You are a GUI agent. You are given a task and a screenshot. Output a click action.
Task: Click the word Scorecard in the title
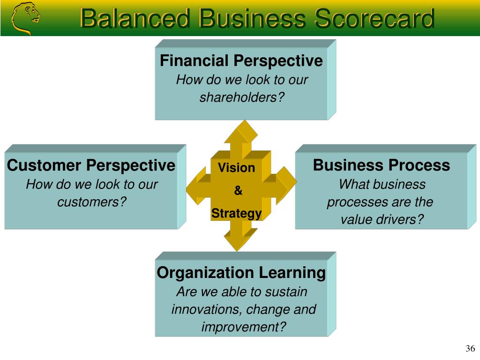click(375, 18)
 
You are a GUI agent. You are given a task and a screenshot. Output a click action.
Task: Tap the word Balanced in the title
click(135, 18)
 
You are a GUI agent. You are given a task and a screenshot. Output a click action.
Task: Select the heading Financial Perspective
click(241, 60)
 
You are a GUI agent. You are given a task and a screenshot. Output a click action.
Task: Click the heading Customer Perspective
click(91, 165)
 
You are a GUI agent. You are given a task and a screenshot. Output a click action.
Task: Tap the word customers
click(88, 202)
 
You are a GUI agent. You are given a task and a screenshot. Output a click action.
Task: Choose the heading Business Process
click(382, 165)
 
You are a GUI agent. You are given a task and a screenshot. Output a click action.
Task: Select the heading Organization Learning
click(241, 273)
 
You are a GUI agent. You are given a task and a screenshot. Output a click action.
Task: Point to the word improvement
click(240, 327)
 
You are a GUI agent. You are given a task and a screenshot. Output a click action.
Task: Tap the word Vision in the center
click(236, 168)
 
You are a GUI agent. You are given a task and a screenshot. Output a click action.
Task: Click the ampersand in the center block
click(238, 190)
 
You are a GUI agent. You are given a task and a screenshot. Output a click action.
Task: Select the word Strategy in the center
click(236, 214)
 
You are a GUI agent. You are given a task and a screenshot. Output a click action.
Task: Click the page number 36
click(470, 348)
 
